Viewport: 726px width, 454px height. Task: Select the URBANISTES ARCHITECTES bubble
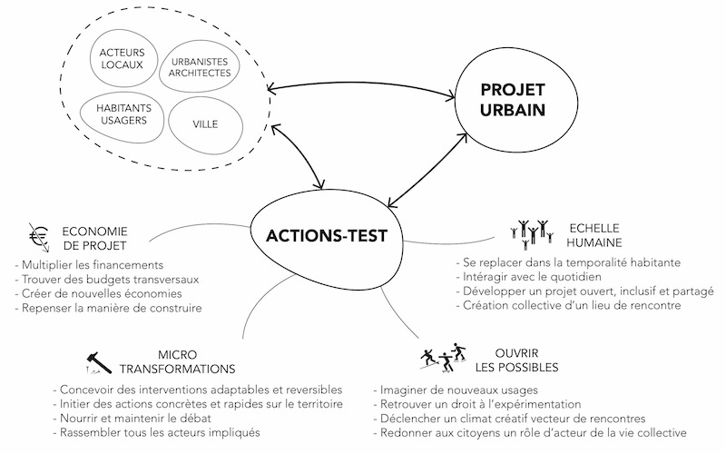click(x=200, y=67)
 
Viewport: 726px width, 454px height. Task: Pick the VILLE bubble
click(x=205, y=123)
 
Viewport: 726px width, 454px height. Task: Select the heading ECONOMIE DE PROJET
click(x=95, y=238)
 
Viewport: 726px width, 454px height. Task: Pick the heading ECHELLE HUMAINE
click(x=594, y=235)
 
